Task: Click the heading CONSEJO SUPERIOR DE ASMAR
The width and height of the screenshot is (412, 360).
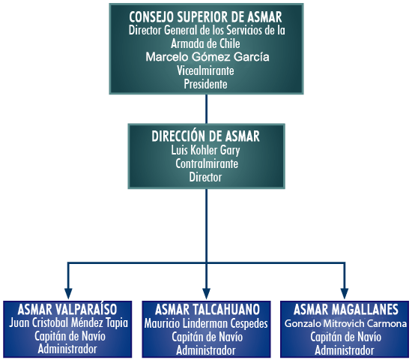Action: pos(205,17)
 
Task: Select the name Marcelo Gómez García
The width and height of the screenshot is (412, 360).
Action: pos(207,57)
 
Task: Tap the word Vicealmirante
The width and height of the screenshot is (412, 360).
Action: pos(205,70)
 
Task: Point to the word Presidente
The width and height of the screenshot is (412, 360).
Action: pos(205,84)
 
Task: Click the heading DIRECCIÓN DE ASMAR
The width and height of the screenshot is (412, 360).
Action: pos(205,136)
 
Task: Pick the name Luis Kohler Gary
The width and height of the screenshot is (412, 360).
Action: pos(205,151)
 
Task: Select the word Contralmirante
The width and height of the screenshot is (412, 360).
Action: pos(207,163)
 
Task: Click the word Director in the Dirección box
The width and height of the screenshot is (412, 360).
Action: pos(205,177)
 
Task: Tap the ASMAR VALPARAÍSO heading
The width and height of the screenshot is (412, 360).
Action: pos(67,309)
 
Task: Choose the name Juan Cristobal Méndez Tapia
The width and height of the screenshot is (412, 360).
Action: pos(69,323)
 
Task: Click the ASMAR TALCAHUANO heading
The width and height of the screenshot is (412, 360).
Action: pos(207,310)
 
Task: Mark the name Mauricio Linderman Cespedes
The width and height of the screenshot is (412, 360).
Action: pos(206,324)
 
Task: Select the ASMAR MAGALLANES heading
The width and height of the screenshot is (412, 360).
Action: pos(346,310)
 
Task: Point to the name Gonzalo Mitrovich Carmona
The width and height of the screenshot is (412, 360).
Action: pos(345,323)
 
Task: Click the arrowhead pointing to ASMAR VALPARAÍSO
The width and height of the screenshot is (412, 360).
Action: pos(68,294)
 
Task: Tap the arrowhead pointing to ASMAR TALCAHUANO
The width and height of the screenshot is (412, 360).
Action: pos(206,294)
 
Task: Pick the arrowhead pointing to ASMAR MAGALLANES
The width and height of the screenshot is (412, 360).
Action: pos(345,294)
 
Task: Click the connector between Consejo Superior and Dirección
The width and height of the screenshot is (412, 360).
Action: pos(206,109)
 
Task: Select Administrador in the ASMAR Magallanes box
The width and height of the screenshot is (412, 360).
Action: pos(345,350)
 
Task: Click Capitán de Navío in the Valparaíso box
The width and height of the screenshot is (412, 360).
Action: pos(70,336)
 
